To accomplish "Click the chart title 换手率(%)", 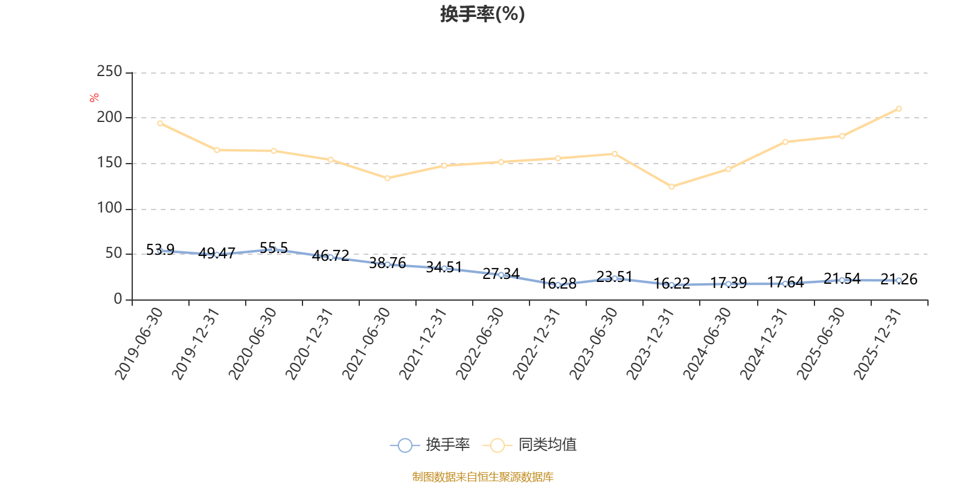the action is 482,14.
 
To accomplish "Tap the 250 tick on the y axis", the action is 109,71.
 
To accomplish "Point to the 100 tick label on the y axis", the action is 109,208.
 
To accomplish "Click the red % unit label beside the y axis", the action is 94,98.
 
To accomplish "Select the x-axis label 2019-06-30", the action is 139,344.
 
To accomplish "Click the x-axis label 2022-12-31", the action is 537,344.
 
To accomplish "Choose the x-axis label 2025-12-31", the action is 878,344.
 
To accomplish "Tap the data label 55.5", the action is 274,248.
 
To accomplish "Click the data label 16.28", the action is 558,283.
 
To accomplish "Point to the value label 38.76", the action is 387,263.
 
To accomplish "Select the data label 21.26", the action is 899,279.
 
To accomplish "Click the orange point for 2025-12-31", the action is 899,109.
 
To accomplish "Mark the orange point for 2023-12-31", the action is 671,187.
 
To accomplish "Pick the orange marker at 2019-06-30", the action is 160,123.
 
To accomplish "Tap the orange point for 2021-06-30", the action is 387,178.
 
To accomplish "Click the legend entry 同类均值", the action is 529,444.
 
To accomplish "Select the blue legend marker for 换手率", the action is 405,445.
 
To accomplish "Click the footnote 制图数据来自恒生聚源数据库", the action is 482,476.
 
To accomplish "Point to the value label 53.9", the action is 160,250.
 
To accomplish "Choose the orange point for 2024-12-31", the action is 785,142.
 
